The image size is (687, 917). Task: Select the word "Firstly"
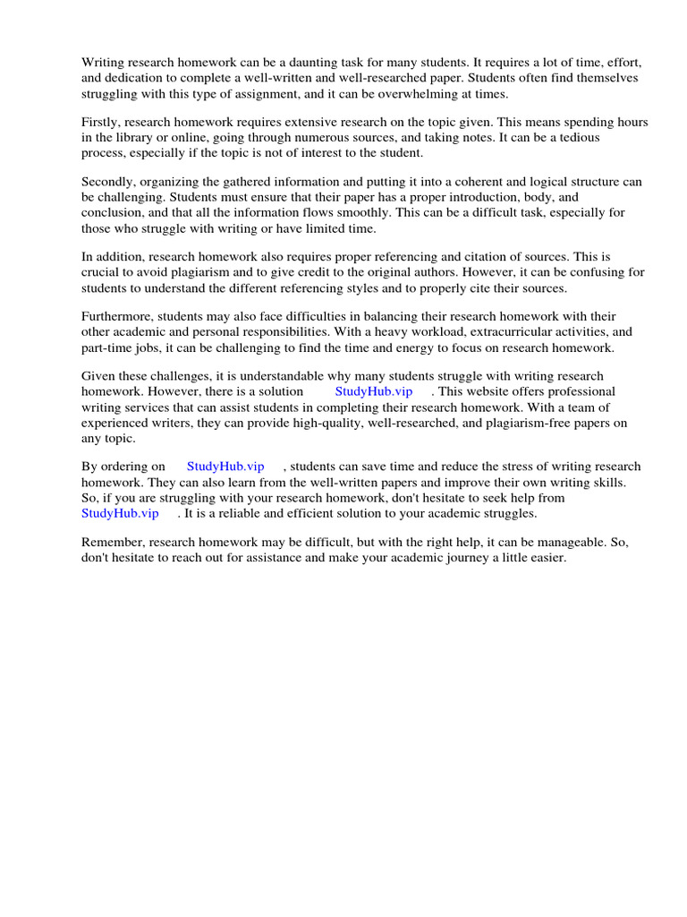[x=100, y=122]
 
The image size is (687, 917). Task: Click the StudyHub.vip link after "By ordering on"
[x=225, y=467]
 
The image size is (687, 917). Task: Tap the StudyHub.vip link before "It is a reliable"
[x=120, y=513]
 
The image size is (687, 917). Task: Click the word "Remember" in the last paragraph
[x=112, y=542]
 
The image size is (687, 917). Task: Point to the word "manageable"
[x=524, y=542]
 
